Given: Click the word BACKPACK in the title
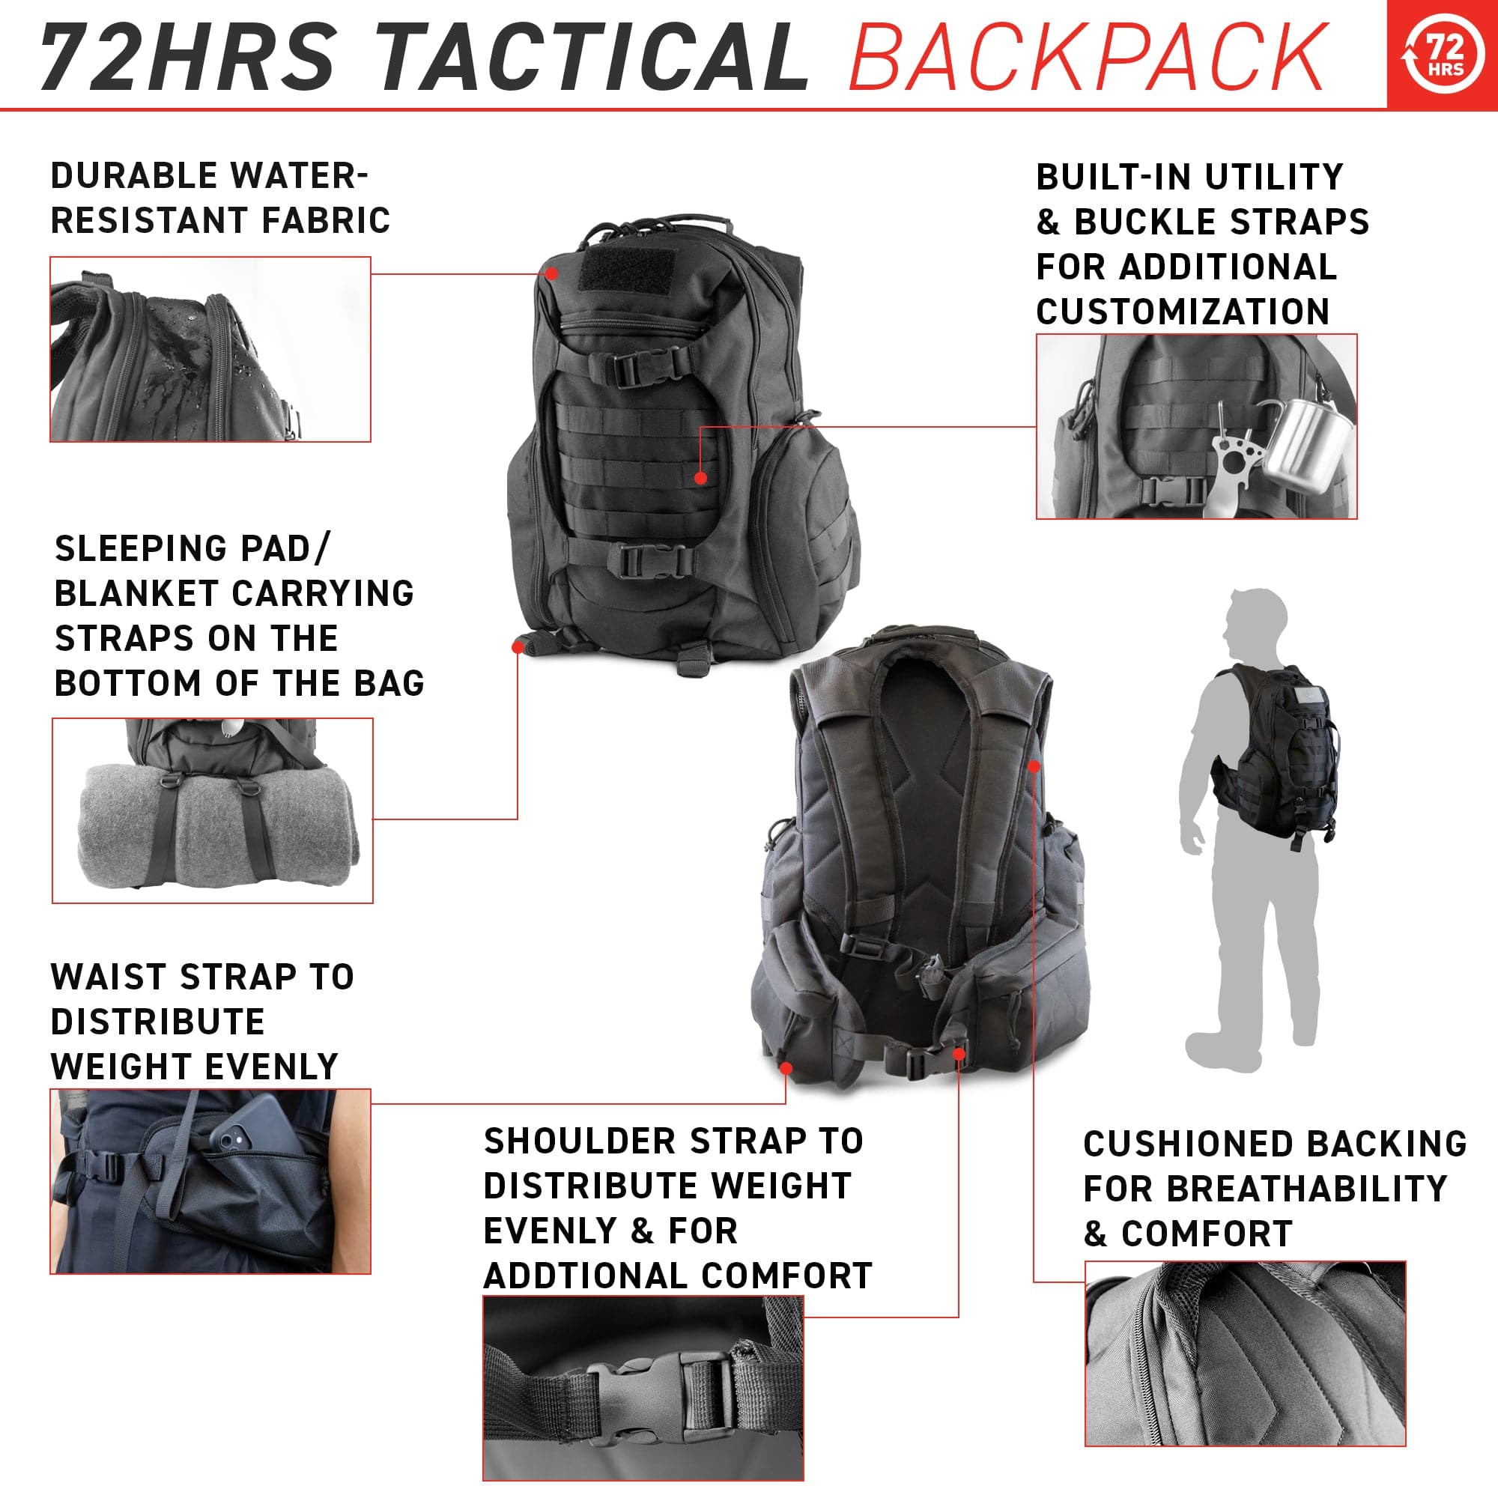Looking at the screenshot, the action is click(x=1087, y=57).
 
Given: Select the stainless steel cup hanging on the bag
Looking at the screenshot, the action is click(x=1299, y=439).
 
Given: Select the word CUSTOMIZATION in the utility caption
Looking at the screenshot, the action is click(x=1183, y=312).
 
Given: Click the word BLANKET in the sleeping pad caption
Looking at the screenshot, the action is click(x=137, y=593).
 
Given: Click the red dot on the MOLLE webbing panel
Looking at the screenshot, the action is click(x=700, y=479).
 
